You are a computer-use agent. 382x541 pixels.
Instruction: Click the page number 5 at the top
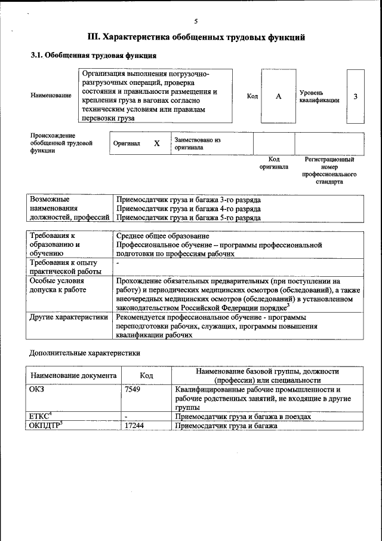tap(195, 22)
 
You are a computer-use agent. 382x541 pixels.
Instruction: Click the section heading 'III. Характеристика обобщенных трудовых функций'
tap(196, 37)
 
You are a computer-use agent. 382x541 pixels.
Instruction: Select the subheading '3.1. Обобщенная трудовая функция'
tap(94, 56)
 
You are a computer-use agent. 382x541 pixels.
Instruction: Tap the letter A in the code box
tap(278, 96)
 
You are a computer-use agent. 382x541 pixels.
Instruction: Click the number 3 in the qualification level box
tap(356, 96)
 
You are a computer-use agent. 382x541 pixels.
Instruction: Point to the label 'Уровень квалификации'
tap(319, 96)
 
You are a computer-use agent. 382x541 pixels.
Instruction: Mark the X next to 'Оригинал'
tap(157, 144)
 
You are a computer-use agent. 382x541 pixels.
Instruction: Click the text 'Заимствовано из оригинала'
tap(198, 143)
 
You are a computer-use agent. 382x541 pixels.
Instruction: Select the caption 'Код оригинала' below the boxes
tap(273, 163)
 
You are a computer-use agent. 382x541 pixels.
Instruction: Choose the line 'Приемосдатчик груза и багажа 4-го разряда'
tap(189, 209)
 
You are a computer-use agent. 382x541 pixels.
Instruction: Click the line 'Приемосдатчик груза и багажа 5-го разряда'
tap(189, 218)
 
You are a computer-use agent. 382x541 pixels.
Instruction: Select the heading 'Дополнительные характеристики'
tap(85, 353)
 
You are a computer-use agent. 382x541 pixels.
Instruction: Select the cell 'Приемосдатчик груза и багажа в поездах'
tap(243, 416)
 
